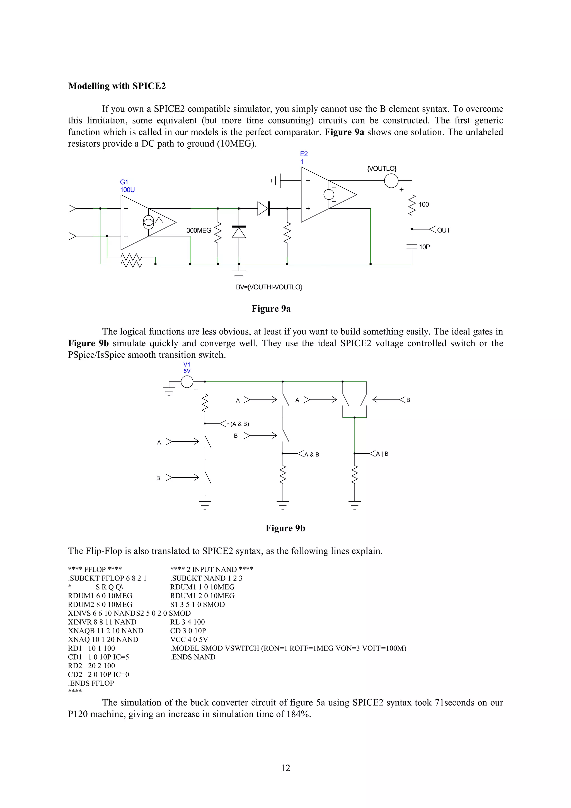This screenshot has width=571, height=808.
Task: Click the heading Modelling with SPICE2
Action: pyautogui.click(x=117, y=86)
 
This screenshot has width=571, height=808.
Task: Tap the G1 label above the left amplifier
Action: pyautogui.click(x=124, y=182)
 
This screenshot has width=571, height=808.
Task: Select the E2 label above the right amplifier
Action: pyautogui.click(x=304, y=154)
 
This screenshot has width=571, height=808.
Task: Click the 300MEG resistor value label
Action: pyautogui.click(x=199, y=231)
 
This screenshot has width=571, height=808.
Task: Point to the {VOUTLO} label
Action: pyautogui.click(x=381, y=169)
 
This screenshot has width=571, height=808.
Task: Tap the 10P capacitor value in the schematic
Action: pyautogui.click(x=424, y=247)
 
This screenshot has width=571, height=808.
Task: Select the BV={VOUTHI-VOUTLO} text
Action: pyautogui.click(x=269, y=287)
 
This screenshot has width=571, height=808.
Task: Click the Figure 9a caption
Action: pyautogui.click(x=271, y=309)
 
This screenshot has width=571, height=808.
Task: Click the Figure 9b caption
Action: pyautogui.click(x=285, y=528)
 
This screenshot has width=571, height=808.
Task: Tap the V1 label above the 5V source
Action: pyautogui.click(x=187, y=365)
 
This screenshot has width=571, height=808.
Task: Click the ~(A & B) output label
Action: pyautogui.click(x=238, y=424)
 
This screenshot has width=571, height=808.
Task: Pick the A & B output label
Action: pyautogui.click(x=312, y=455)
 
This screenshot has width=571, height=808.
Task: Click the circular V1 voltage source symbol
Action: pyautogui.click(x=187, y=381)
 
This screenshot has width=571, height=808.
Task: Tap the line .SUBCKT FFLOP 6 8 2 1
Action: pyautogui.click(x=107, y=578)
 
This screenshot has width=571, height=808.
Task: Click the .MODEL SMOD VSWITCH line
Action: pyautogui.click(x=288, y=648)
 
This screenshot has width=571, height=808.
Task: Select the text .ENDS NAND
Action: pyautogui.click(x=193, y=657)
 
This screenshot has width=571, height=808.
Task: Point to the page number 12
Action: pyautogui.click(x=285, y=768)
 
